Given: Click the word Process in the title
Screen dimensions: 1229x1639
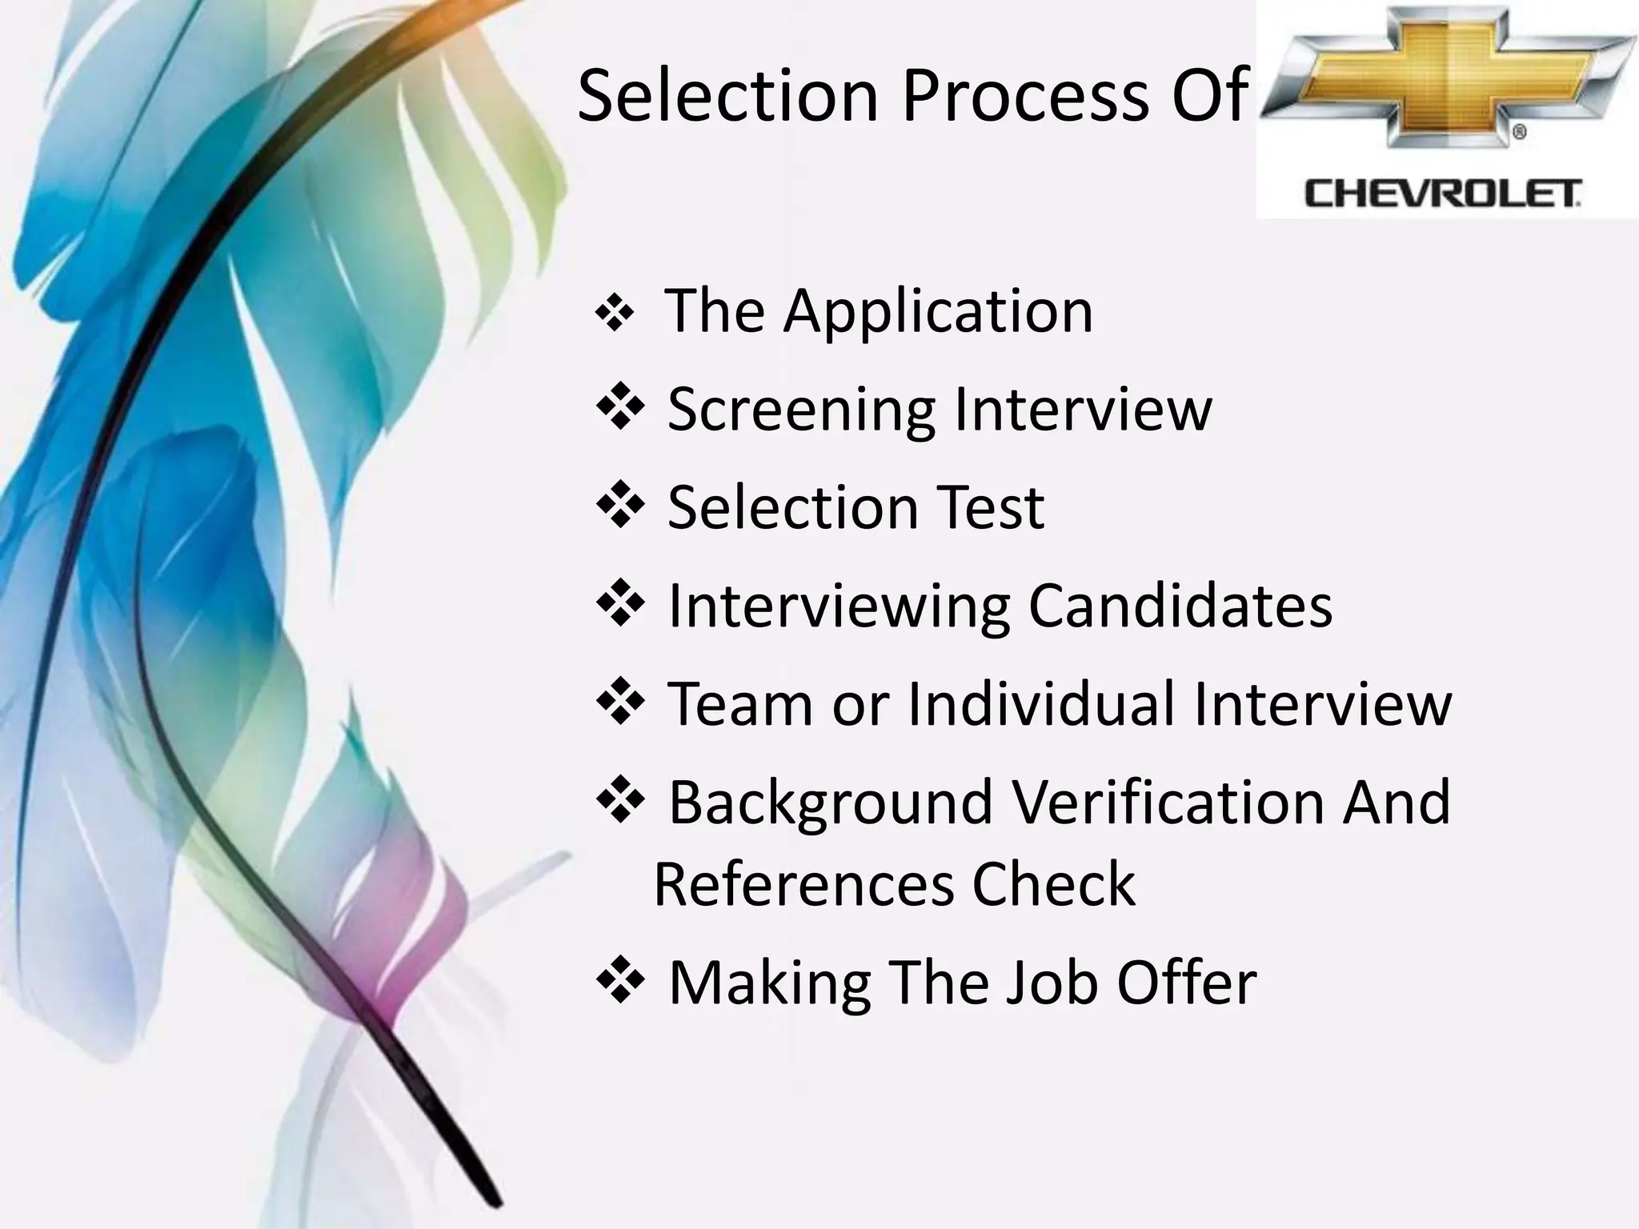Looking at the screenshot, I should click(1024, 96).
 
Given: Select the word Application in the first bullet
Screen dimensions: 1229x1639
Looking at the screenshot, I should click(938, 312).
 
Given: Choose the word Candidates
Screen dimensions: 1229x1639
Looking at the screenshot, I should click(1180, 606).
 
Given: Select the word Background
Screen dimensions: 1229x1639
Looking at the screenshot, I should click(831, 803).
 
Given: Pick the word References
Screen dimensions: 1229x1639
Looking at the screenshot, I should click(803, 885).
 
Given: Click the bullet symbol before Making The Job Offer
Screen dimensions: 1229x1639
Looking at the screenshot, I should click(620, 980).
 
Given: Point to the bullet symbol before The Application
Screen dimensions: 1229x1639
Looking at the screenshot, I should click(615, 315).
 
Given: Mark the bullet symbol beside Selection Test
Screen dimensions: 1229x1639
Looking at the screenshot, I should click(620, 505).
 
